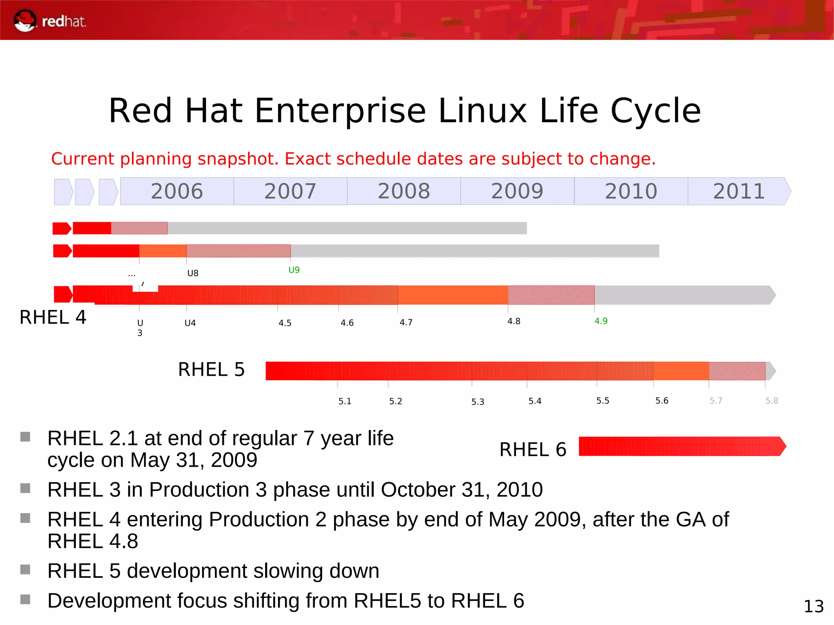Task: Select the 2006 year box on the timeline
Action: click(x=177, y=191)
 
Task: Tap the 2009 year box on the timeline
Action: click(x=517, y=191)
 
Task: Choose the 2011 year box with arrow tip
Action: click(x=739, y=191)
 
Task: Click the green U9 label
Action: click(x=294, y=270)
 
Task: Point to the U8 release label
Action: click(x=193, y=273)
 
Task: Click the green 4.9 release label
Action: click(x=601, y=321)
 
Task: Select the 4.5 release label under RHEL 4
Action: click(x=285, y=323)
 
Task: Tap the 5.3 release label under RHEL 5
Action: click(x=478, y=402)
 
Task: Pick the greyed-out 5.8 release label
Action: click(x=771, y=401)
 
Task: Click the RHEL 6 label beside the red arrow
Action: click(x=533, y=450)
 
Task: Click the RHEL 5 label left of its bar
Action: click(x=211, y=370)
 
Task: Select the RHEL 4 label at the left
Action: click(x=53, y=317)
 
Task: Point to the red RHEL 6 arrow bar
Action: click(x=680, y=446)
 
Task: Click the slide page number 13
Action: click(x=813, y=606)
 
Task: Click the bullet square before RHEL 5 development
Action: click(x=25, y=569)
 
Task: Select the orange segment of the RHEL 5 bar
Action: click(x=681, y=371)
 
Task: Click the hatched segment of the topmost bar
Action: click(x=139, y=228)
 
